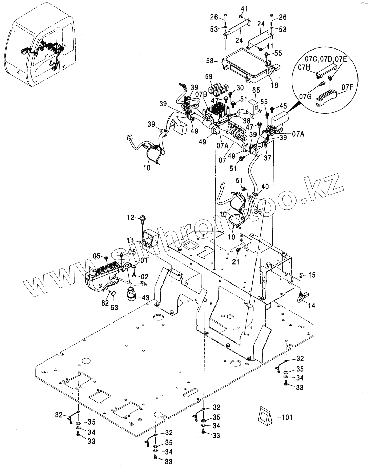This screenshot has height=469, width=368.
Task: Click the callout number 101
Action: coord(287,417)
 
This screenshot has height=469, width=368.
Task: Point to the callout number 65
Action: coord(256,90)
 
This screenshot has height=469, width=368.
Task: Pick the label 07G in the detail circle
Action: coord(306,96)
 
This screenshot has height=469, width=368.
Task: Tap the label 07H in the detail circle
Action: coord(304,67)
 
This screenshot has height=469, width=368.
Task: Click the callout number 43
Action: coord(145,298)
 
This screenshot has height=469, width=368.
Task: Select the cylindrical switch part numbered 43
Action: coord(131,294)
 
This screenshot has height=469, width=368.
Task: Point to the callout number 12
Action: coord(131,217)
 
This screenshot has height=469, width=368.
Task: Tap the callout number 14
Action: coord(312,306)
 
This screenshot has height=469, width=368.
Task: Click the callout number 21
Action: coord(236,261)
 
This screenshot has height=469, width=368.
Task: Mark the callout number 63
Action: coord(114,307)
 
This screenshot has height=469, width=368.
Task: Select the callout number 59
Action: coord(209,77)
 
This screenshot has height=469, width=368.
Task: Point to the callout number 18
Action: coord(274,85)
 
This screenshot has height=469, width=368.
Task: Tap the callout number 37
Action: coord(267,158)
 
